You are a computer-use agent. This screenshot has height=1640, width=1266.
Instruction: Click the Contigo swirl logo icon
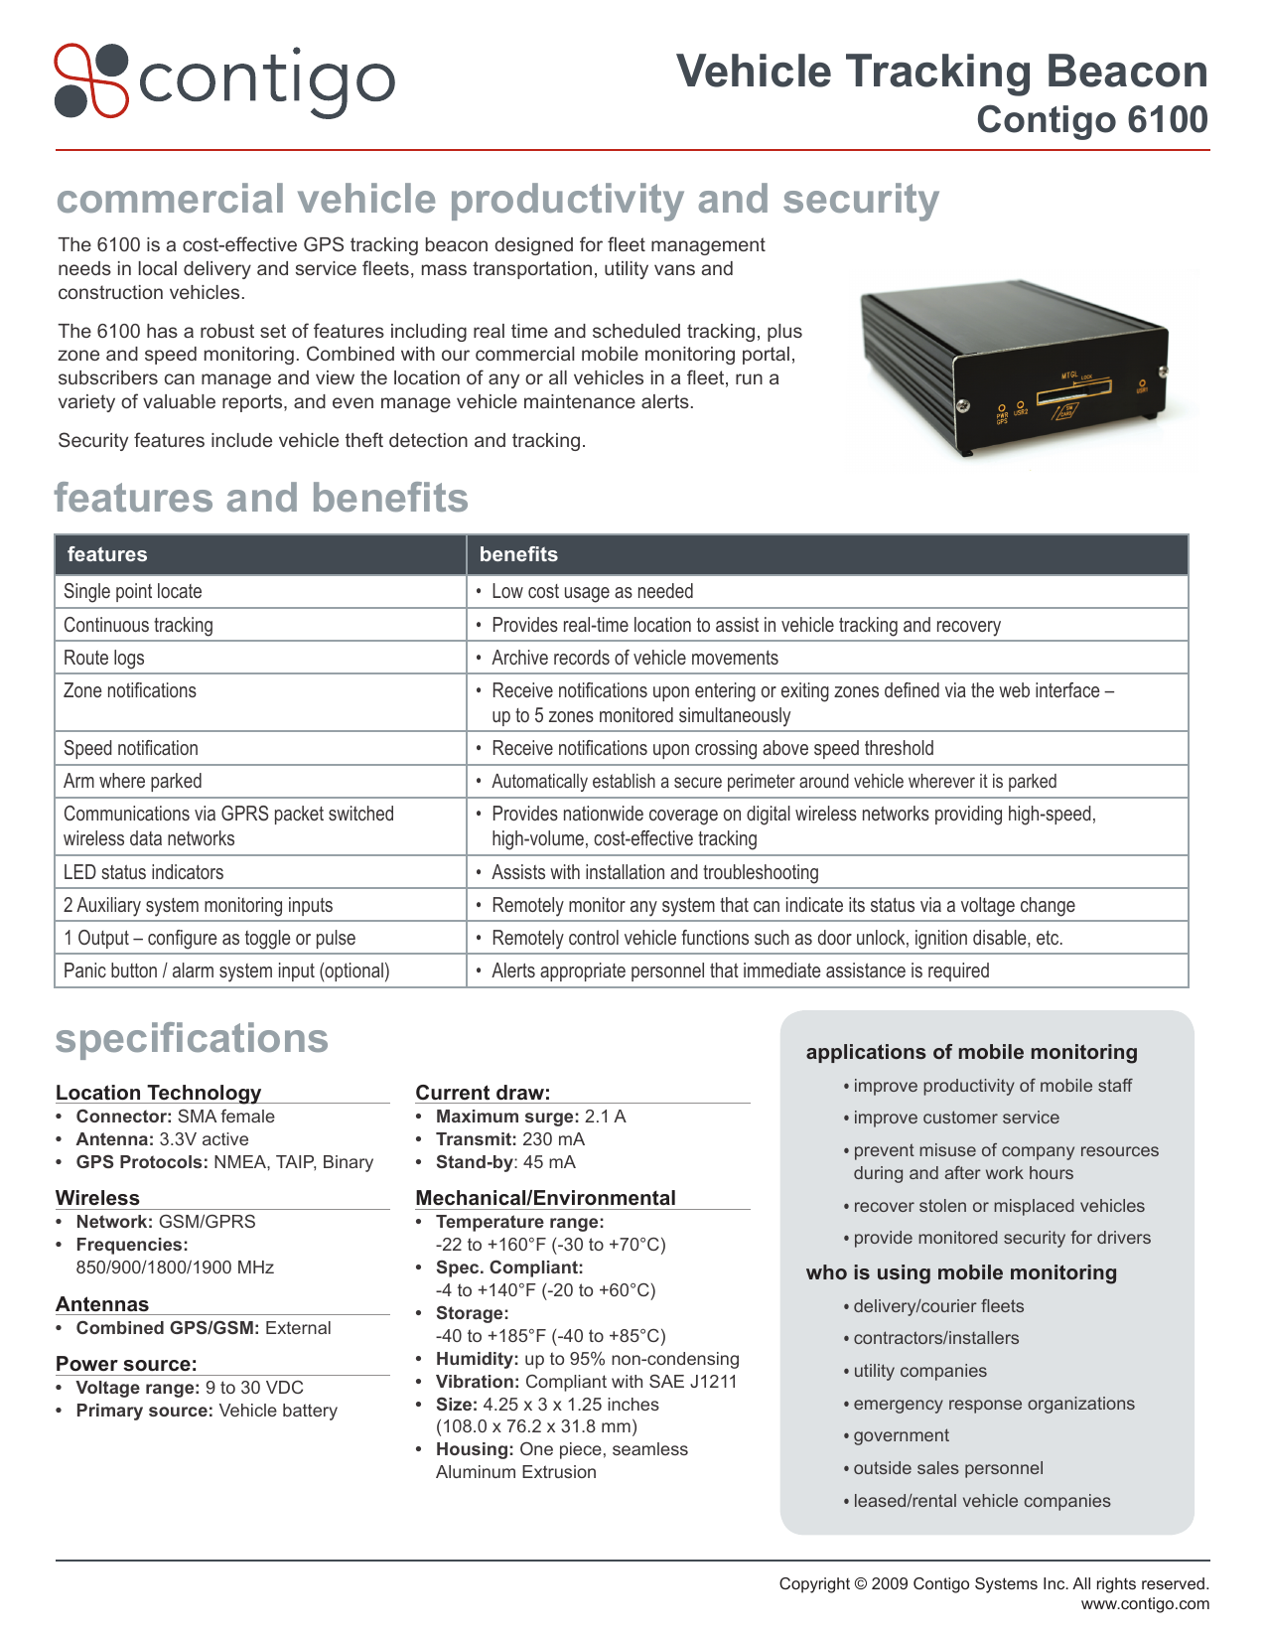pyautogui.click(x=91, y=80)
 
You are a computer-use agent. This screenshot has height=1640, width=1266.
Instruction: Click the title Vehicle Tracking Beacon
pyautogui.click(x=941, y=73)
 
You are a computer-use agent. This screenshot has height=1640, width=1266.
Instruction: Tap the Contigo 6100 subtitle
pyautogui.click(x=1091, y=120)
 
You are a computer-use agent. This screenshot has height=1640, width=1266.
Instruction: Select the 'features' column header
pyautogui.click(x=107, y=554)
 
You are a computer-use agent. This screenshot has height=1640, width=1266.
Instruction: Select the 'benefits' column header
pyautogui.click(x=518, y=554)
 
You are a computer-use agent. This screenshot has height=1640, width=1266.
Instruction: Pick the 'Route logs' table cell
pyautogui.click(x=104, y=658)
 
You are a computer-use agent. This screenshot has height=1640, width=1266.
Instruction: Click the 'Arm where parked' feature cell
pyautogui.click(x=133, y=781)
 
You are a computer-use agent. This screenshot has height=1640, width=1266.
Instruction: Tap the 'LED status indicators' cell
pyautogui.click(x=144, y=872)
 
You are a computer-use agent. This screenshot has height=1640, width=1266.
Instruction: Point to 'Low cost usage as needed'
pyautogui.click(x=592, y=591)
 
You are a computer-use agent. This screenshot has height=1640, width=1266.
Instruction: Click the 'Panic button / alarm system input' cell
pyautogui.click(x=226, y=970)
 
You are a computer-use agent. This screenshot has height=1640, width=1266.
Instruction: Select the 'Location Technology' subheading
pyautogui.click(x=158, y=1093)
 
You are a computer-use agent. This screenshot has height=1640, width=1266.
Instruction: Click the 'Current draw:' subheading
pyautogui.click(x=483, y=1093)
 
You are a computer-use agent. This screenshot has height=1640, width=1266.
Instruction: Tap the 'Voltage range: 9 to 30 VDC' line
pyautogui.click(x=190, y=1388)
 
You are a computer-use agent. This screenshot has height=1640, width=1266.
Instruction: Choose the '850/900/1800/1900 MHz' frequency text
pyautogui.click(x=175, y=1267)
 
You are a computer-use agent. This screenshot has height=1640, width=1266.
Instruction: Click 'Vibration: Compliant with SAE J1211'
pyautogui.click(x=586, y=1382)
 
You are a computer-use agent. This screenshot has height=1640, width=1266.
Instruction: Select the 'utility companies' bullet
pyautogui.click(x=919, y=1371)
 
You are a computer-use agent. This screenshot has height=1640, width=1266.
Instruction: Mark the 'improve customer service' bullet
pyautogui.click(x=955, y=1118)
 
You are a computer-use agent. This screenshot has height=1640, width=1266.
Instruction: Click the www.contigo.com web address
pyautogui.click(x=1145, y=1603)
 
